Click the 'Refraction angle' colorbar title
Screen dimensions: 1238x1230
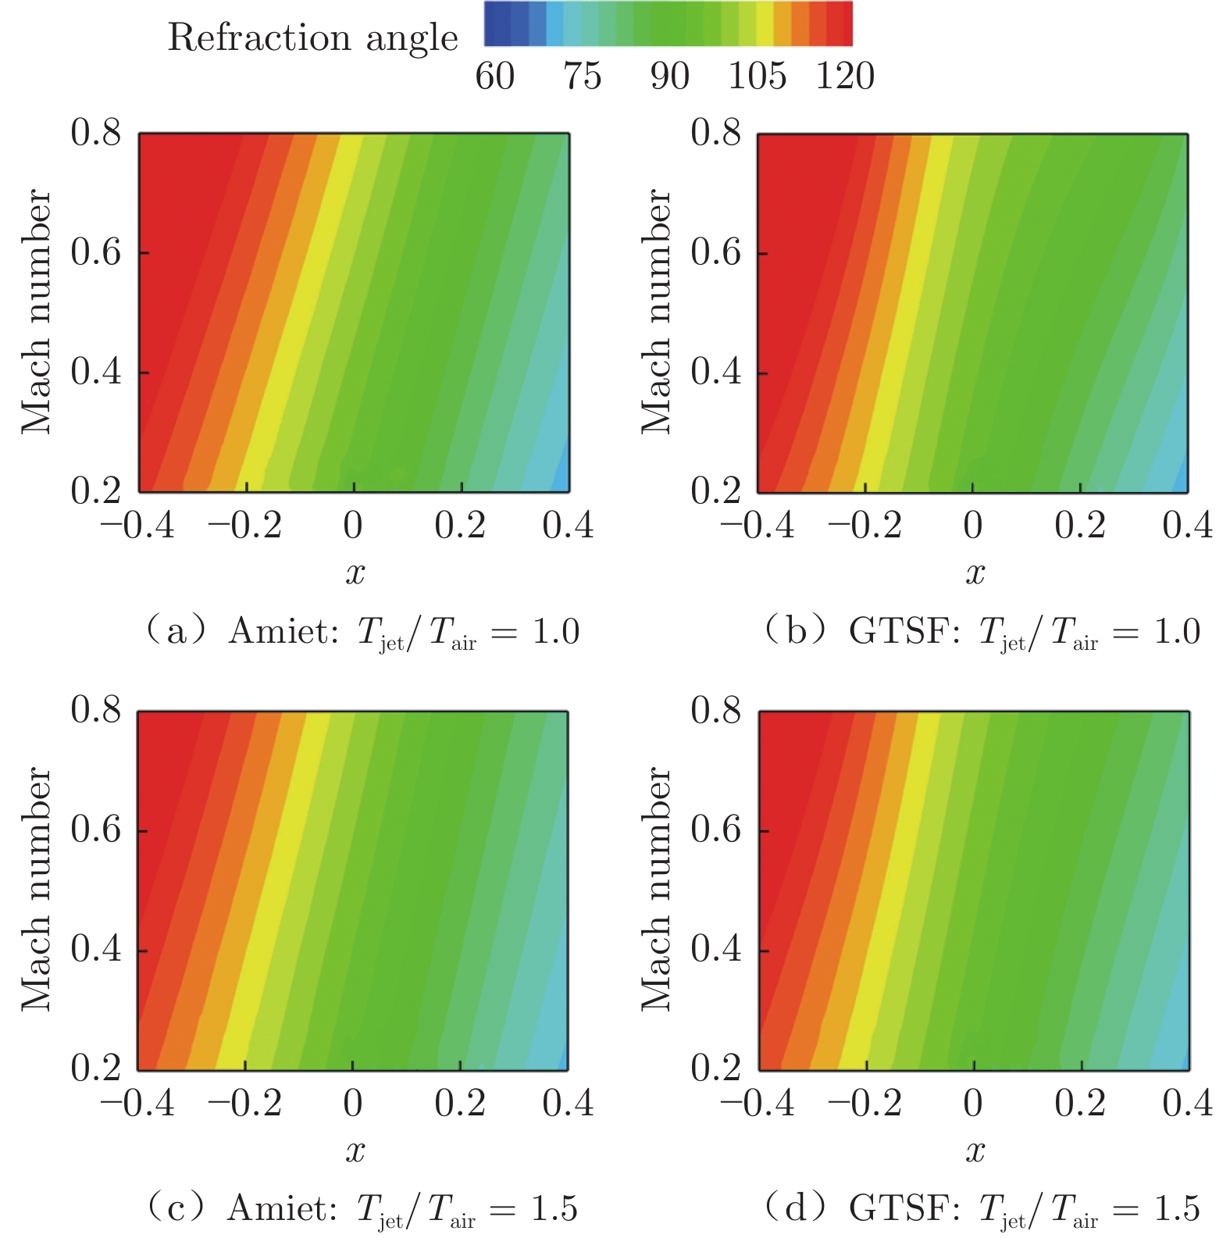coord(312,37)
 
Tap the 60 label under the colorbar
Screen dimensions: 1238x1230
coord(495,77)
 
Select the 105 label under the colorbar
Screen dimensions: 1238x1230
coord(757,77)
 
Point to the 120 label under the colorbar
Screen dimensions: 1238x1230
coord(845,77)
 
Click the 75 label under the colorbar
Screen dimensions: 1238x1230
coord(583,77)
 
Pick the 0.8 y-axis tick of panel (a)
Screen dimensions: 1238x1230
coord(96,133)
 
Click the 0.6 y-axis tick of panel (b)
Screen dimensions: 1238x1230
coord(715,252)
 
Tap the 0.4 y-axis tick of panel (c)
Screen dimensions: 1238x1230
coord(96,949)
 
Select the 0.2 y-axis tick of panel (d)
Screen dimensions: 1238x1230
coord(715,1068)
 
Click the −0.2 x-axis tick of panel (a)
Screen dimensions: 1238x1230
coord(244,526)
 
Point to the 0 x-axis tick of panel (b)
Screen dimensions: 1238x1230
coord(972,526)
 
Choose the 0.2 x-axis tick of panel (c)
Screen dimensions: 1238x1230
coord(460,1103)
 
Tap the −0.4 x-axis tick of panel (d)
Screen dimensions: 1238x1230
coord(757,1103)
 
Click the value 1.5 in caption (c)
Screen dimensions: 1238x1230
coord(554,1208)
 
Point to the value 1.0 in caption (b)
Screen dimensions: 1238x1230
coord(1176,631)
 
